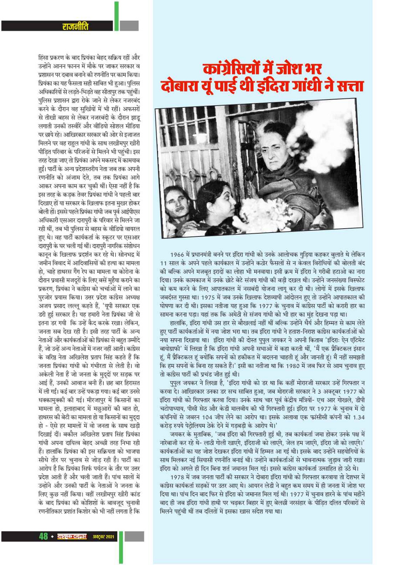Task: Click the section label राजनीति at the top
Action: pos(75,27)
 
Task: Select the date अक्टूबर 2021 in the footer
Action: pos(103,537)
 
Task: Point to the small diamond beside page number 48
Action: pos(52,537)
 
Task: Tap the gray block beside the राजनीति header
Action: pos(129,26)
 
